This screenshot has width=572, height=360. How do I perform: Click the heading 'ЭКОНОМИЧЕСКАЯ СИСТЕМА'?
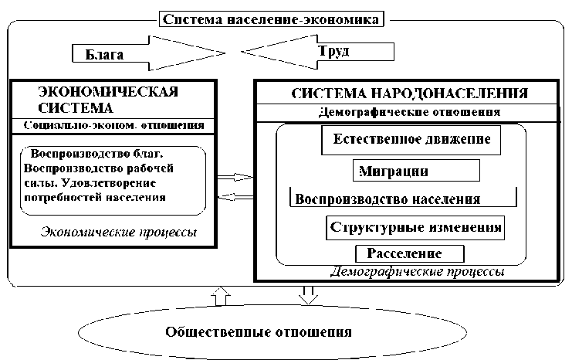coord(107,100)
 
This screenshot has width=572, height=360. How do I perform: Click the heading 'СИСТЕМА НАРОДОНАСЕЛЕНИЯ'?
coord(409,93)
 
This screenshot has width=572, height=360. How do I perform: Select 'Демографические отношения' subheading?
coord(408,112)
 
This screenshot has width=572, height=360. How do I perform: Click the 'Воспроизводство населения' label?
coord(388,198)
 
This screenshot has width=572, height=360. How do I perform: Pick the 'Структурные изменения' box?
coord(416,228)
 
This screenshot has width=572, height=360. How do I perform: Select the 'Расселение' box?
coord(409,253)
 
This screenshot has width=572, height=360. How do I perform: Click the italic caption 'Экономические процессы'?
coord(119,232)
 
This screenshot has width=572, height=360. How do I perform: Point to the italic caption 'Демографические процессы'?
coord(417,272)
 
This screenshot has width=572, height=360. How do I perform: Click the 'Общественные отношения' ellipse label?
coord(259,333)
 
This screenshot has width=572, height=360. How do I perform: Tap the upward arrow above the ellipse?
coord(220,295)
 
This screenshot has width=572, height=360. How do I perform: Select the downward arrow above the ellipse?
coord(307,295)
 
